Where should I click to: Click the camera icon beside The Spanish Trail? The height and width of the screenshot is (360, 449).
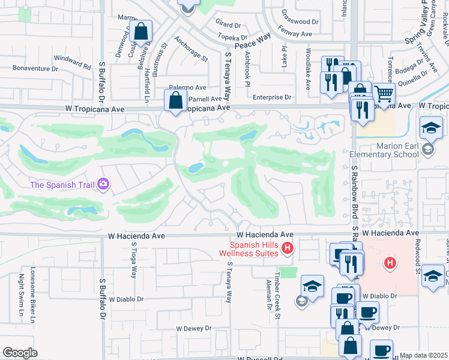point(103,184)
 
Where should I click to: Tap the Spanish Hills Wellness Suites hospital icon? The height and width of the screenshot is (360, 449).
point(288,248)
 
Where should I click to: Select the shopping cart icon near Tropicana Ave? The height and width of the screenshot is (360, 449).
point(384,94)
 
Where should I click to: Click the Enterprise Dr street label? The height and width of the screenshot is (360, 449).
point(271,97)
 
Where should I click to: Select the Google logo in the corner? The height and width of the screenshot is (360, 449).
point(20,352)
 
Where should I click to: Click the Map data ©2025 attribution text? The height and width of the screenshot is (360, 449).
point(424,355)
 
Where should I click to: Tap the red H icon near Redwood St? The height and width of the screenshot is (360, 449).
point(390,263)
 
